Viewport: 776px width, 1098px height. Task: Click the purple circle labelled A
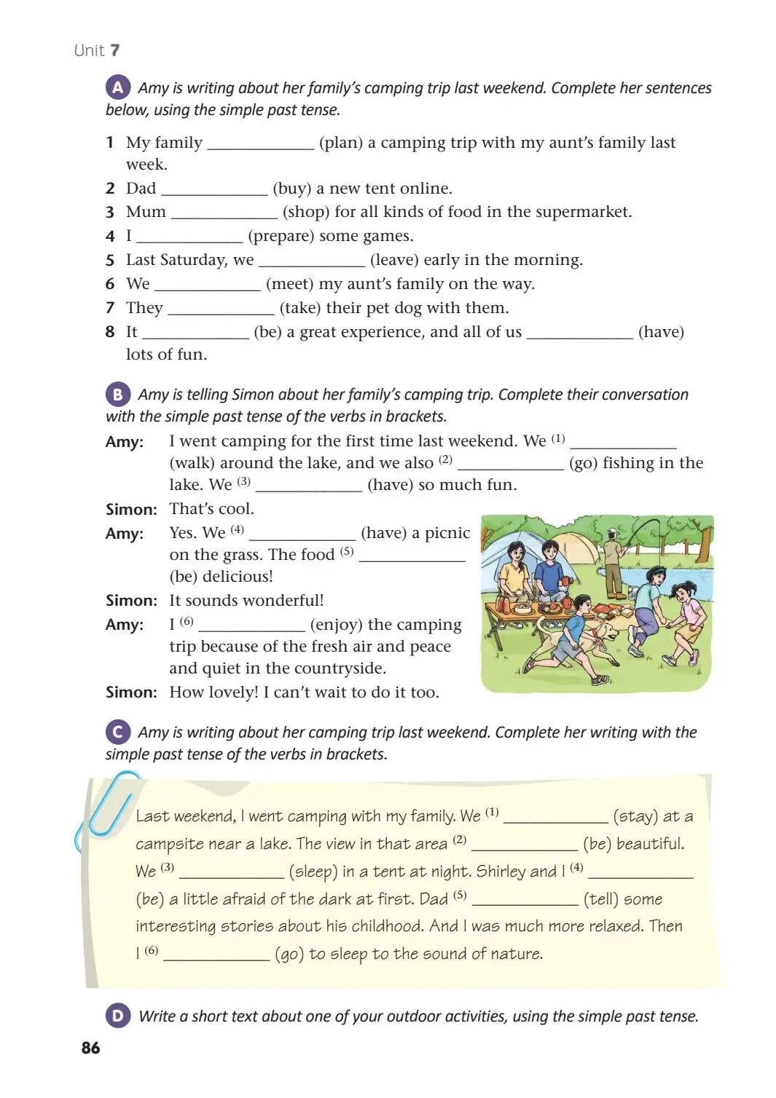pyautogui.click(x=118, y=88)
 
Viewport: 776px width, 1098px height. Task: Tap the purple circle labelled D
pyautogui.click(x=118, y=1016)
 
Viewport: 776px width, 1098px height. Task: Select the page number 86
pyautogui.click(x=91, y=1048)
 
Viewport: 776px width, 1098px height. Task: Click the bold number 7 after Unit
pyautogui.click(x=115, y=50)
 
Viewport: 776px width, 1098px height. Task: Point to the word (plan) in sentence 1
pyautogui.click(x=341, y=143)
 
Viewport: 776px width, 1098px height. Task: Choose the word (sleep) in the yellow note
pyautogui.click(x=313, y=872)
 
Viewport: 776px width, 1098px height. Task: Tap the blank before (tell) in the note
pyautogui.click(x=525, y=901)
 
